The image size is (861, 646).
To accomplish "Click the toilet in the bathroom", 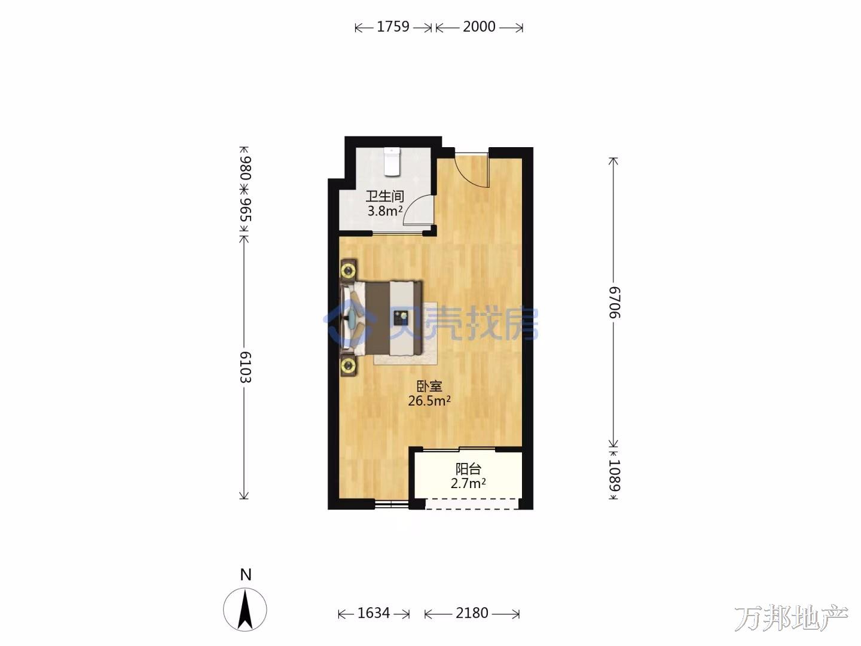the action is pos(392,161).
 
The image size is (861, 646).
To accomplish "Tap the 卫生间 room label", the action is pos(384,196).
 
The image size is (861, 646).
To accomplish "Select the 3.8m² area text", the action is pos(385,211).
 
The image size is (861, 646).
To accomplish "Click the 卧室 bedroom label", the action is pos(429,386).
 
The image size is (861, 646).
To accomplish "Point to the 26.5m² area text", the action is pos(429,401).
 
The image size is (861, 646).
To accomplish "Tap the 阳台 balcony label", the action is pos(468,469).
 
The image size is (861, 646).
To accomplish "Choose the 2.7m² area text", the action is pos(468,484).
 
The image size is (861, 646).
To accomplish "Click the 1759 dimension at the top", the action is pos(393,27).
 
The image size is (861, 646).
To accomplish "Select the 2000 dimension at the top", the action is pos(479,27).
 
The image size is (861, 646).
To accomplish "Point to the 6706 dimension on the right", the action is pos(615,302).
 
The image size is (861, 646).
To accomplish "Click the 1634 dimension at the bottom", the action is pos(374,613).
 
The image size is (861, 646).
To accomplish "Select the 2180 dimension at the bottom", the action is pos(472,613).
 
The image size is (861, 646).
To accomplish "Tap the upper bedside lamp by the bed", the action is pos(348,270).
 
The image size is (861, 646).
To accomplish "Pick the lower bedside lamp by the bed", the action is pos(348,366).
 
